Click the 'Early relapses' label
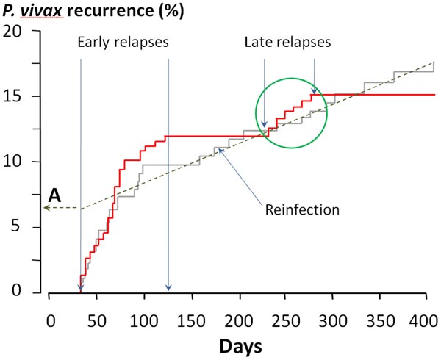[x=123, y=42]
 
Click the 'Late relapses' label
[x=287, y=42]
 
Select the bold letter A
[x=54, y=195]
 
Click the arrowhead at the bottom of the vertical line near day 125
[x=168, y=288]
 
